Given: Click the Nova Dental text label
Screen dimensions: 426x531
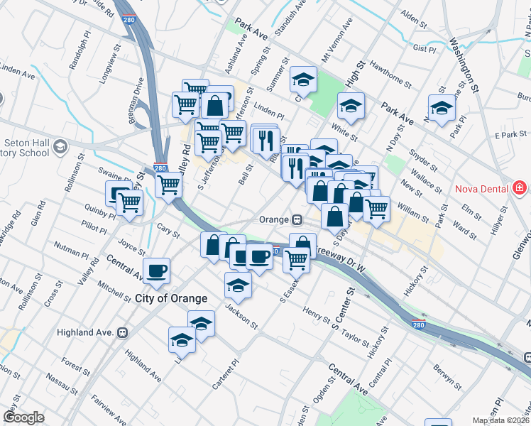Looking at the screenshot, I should pos(480,188).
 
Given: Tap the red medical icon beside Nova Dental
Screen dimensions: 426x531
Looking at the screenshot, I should pos(520,188).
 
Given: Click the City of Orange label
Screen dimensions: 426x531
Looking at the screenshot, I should pos(171,299).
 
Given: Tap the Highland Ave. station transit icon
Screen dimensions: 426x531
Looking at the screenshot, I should pos(123,332).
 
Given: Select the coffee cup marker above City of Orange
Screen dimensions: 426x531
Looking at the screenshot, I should pos(156,270).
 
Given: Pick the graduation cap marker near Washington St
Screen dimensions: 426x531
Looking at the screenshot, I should pos(442,109).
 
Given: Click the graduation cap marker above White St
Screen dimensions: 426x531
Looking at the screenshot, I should pos(351,105).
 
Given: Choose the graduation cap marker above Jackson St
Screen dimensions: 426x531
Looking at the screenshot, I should pos(238,285).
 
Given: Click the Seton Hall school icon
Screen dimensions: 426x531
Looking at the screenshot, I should pos(61,147).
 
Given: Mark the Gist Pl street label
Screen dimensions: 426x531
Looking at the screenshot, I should pos(424,49).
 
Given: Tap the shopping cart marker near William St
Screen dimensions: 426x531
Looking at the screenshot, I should pos(376,208).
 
